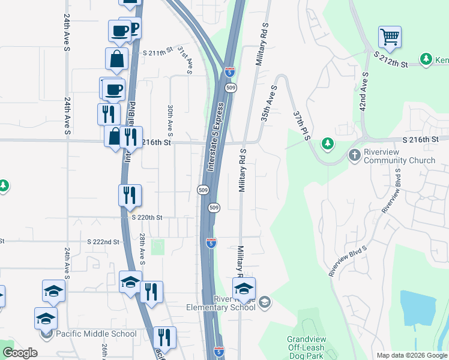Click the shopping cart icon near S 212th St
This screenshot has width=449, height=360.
(390, 37)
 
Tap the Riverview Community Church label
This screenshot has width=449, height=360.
(399, 156)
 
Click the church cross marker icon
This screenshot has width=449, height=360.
(355, 155)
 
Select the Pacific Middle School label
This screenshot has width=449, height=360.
(96, 334)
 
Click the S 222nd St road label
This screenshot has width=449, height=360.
(103, 241)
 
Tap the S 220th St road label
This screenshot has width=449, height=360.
(147, 217)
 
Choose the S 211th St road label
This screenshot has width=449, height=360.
(157, 53)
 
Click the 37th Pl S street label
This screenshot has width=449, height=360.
(301, 125)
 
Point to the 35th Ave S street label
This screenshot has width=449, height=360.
(268, 103)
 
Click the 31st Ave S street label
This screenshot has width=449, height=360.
(184, 61)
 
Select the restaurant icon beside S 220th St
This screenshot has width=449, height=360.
(130, 195)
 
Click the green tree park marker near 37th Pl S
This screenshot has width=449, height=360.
(327, 143)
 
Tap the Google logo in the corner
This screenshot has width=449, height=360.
(20, 353)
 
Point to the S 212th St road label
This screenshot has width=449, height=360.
(391, 59)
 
